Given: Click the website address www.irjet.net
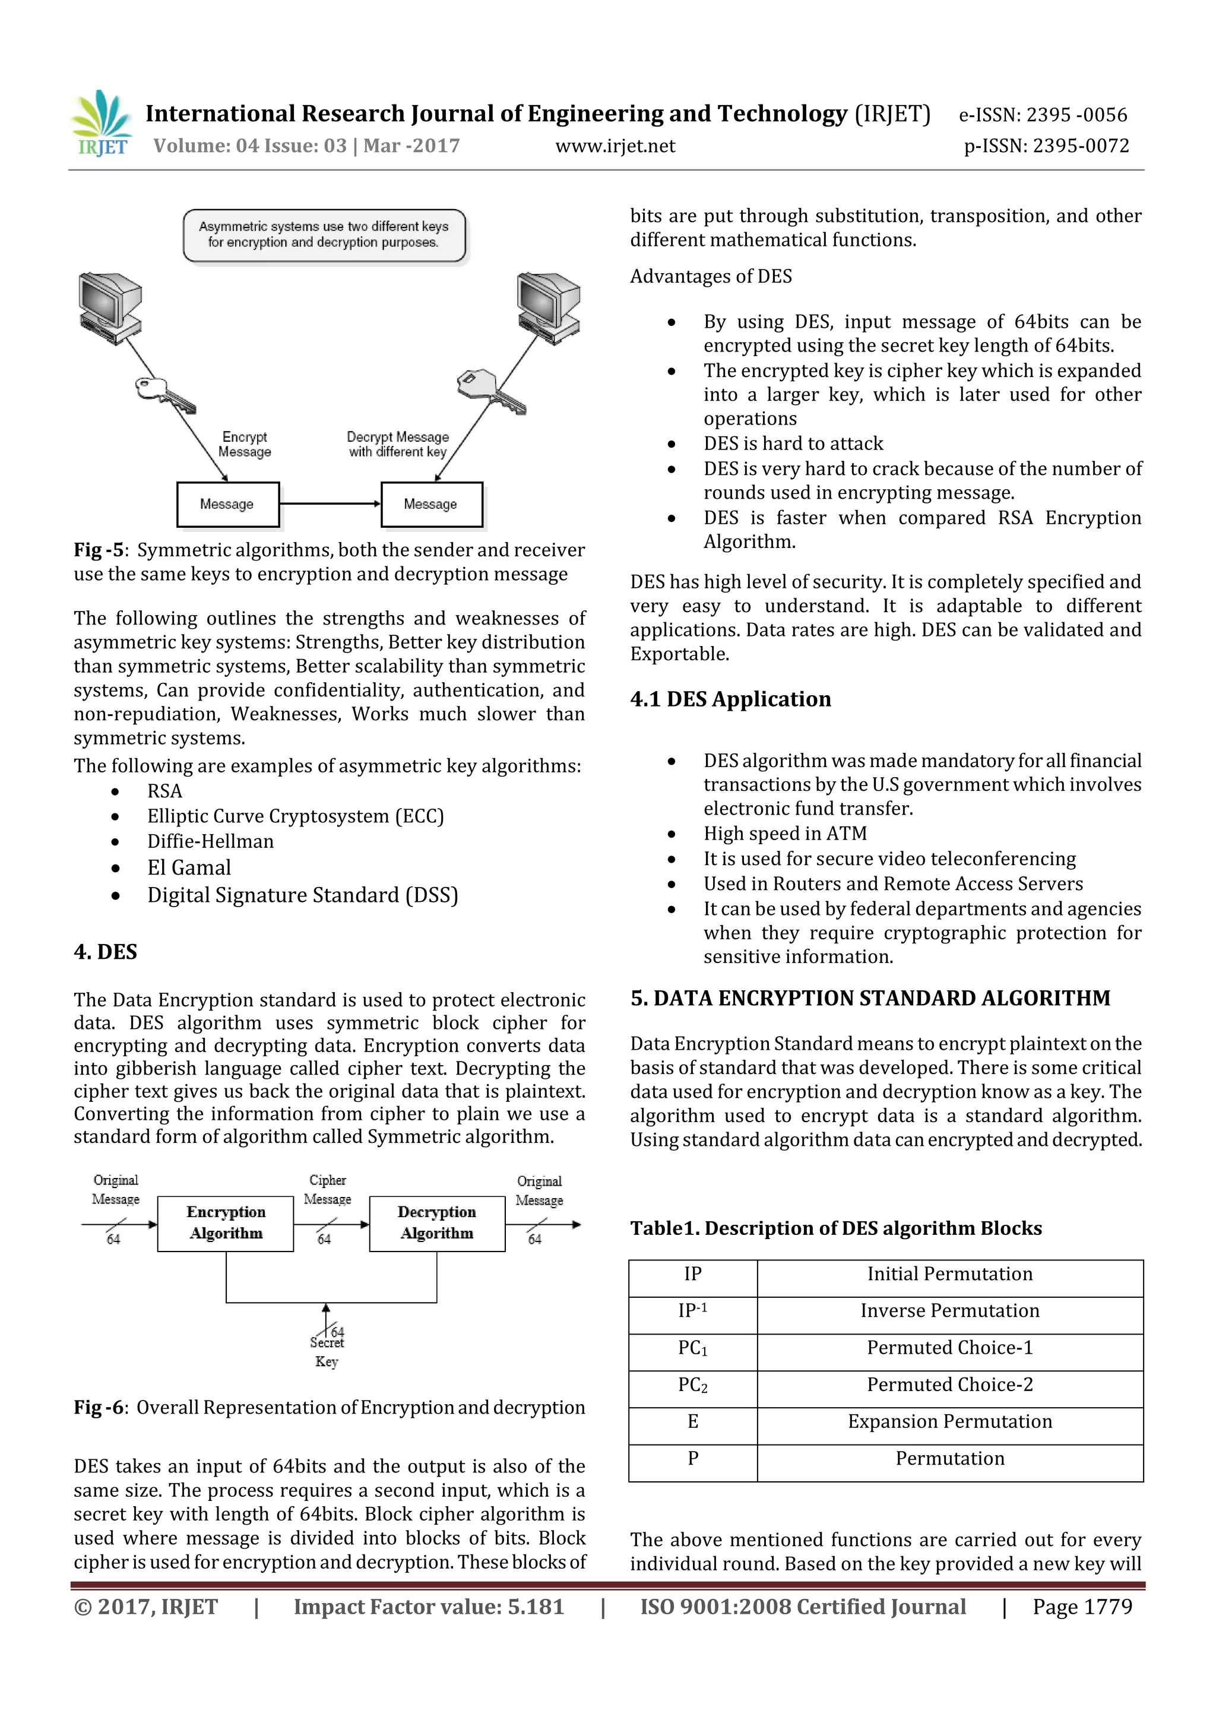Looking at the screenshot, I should point(615,146).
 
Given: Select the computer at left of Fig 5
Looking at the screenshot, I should point(110,307).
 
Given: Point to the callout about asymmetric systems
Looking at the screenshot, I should point(324,235).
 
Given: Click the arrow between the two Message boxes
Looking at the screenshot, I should point(330,504).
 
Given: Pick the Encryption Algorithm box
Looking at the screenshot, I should point(226,1223).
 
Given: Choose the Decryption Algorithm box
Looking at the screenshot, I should point(437,1223).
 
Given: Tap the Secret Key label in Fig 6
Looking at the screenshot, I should point(327,1352).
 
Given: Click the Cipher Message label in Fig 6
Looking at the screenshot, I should point(327,1190).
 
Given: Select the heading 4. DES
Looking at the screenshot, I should point(106,952).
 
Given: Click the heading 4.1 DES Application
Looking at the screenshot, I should point(730,699).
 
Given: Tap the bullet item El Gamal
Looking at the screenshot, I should point(189,867).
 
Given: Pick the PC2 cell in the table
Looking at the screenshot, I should point(692,1385).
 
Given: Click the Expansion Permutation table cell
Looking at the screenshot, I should point(949,1422).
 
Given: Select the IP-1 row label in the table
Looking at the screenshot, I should point(692,1311).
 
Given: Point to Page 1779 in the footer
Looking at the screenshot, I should point(1082,1607).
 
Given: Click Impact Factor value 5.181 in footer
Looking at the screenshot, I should point(429,1607).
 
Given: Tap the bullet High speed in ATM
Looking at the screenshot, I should point(784,834).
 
